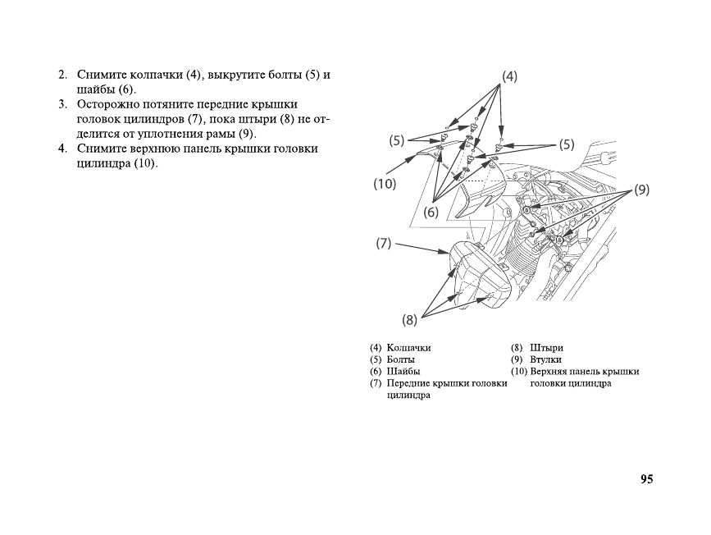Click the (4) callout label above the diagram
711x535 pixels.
pyautogui.click(x=509, y=76)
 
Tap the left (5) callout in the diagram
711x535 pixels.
pyautogui.click(x=397, y=140)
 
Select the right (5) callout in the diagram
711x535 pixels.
pyautogui.click(x=566, y=144)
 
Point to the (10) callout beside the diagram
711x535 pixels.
pyautogui.click(x=385, y=184)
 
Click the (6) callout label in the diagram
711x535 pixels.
pyautogui.click(x=431, y=212)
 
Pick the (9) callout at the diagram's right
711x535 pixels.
pyautogui.click(x=641, y=189)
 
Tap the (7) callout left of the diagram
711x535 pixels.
pyautogui.click(x=384, y=243)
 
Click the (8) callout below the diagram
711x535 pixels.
pyautogui.click(x=410, y=318)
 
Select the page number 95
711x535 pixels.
pyautogui.click(x=647, y=479)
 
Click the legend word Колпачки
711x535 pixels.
pyautogui.click(x=408, y=348)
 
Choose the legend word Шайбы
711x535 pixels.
pyautogui.click(x=403, y=371)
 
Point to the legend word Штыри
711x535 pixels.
pyautogui.click(x=547, y=348)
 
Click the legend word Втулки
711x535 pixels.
pyautogui.click(x=546, y=359)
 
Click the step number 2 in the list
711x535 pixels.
pyautogui.click(x=62, y=75)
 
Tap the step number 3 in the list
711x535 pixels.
pyautogui.click(x=62, y=105)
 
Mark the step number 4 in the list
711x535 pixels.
pyautogui.click(x=62, y=149)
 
